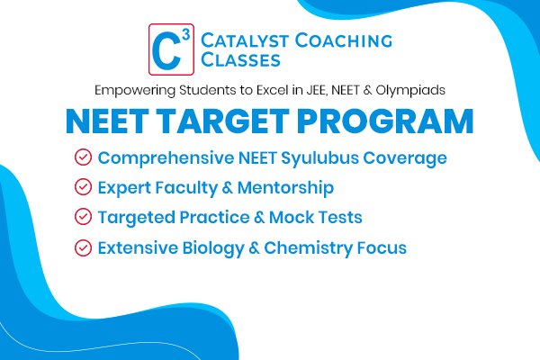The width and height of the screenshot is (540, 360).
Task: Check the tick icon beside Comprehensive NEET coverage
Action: click(83, 158)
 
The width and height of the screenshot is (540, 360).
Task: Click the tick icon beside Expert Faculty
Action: click(83, 188)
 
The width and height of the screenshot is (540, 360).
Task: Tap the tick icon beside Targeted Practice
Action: click(83, 217)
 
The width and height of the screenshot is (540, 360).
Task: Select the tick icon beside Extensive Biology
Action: click(83, 247)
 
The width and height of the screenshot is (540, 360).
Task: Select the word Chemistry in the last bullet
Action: click(313, 247)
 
